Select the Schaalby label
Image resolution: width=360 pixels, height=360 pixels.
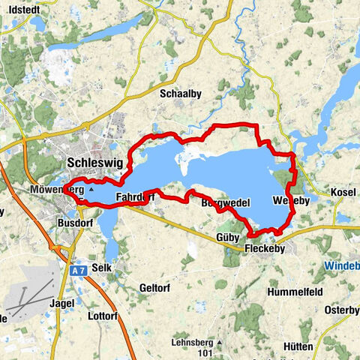tap(178, 94)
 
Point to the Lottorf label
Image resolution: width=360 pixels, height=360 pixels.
tap(101, 316)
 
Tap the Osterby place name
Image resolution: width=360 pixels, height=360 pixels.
tap(341, 310)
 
